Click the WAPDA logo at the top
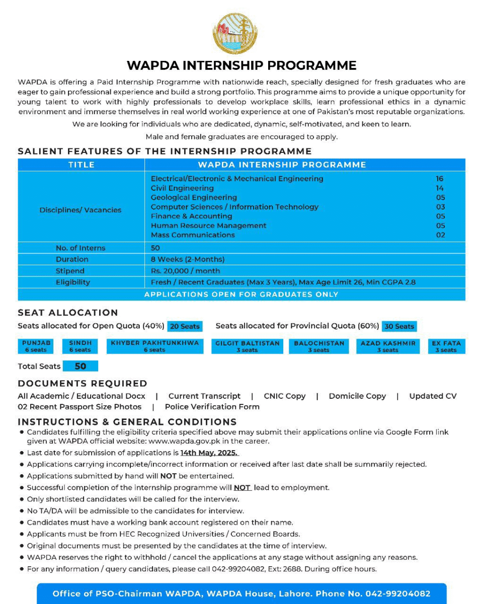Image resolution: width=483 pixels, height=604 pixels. (235, 33)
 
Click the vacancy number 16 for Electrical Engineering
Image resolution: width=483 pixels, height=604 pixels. (440, 179)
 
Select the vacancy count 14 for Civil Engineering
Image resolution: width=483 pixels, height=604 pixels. (440, 188)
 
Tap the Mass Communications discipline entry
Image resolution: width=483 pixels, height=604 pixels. (193, 235)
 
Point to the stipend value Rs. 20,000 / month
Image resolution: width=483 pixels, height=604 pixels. (185, 271)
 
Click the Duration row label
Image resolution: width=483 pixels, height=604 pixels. (72, 260)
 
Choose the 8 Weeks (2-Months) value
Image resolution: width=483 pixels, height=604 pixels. (187, 260)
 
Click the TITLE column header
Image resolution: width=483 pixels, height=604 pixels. (81, 164)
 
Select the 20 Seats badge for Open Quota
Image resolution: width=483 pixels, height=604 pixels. (185, 326)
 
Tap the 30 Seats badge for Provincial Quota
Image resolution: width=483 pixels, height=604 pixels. (399, 326)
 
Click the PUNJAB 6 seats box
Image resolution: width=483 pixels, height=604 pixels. (36, 347)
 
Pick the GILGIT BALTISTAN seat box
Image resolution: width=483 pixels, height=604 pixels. (247, 347)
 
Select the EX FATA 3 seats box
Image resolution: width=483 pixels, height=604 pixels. (446, 347)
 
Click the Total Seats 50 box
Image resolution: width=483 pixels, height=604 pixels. (80, 366)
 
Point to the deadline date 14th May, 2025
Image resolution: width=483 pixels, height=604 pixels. (209, 453)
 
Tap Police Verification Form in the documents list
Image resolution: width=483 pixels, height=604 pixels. (212, 407)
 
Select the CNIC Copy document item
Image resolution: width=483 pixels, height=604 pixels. (284, 396)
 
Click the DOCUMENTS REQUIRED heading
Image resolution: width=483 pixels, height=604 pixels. (83, 383)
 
